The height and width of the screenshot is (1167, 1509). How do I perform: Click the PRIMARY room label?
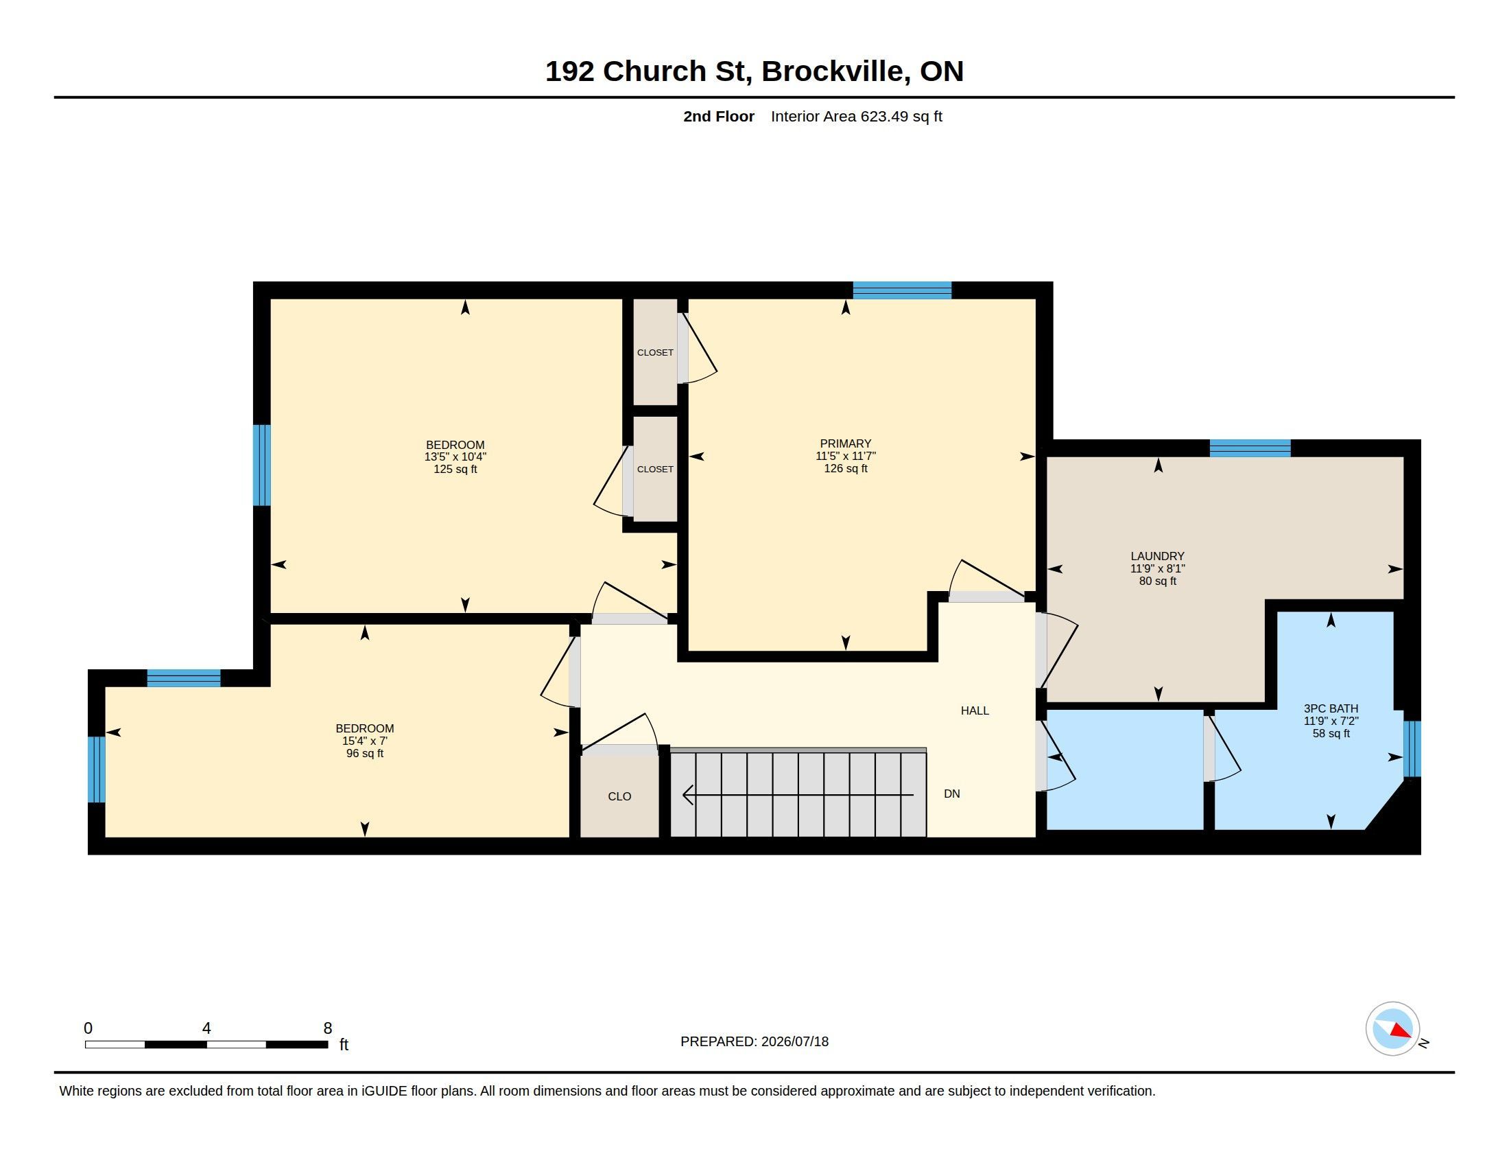tap(846, 444)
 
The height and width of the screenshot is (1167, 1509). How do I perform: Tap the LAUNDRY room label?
tap(1157, 557)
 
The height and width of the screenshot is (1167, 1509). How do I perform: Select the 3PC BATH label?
tap(1331, 708)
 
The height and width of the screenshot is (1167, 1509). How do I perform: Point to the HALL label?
tap(975, 710)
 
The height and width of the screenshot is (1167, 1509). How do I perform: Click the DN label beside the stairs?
tap(952, 794)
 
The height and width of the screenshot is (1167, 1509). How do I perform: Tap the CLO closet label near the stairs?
tap(620, 796)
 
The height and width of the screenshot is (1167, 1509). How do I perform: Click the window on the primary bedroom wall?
tap(903, 290)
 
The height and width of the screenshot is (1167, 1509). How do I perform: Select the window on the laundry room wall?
tap(1250, 448)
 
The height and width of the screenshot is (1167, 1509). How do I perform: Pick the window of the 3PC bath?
tap(1412, 749)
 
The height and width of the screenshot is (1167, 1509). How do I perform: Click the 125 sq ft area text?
tap(455, 470)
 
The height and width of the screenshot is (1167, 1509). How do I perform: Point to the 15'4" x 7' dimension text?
tap(365, 741)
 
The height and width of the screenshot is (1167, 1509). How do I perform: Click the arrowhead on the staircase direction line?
tap(688, 795)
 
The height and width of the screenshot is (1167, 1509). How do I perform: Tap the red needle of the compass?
tap(1401, 1031)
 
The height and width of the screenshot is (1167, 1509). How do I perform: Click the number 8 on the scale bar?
tap(327, 1028)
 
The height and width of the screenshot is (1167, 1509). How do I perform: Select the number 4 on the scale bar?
tap(206, 1028)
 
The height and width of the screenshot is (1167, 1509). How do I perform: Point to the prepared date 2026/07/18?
tap(794, 1042)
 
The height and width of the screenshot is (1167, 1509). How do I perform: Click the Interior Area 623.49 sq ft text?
tap(857, 117)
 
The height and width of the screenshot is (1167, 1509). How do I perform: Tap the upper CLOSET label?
tap(655, 353)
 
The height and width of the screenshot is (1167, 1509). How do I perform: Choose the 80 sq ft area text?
tap(1158, 581)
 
